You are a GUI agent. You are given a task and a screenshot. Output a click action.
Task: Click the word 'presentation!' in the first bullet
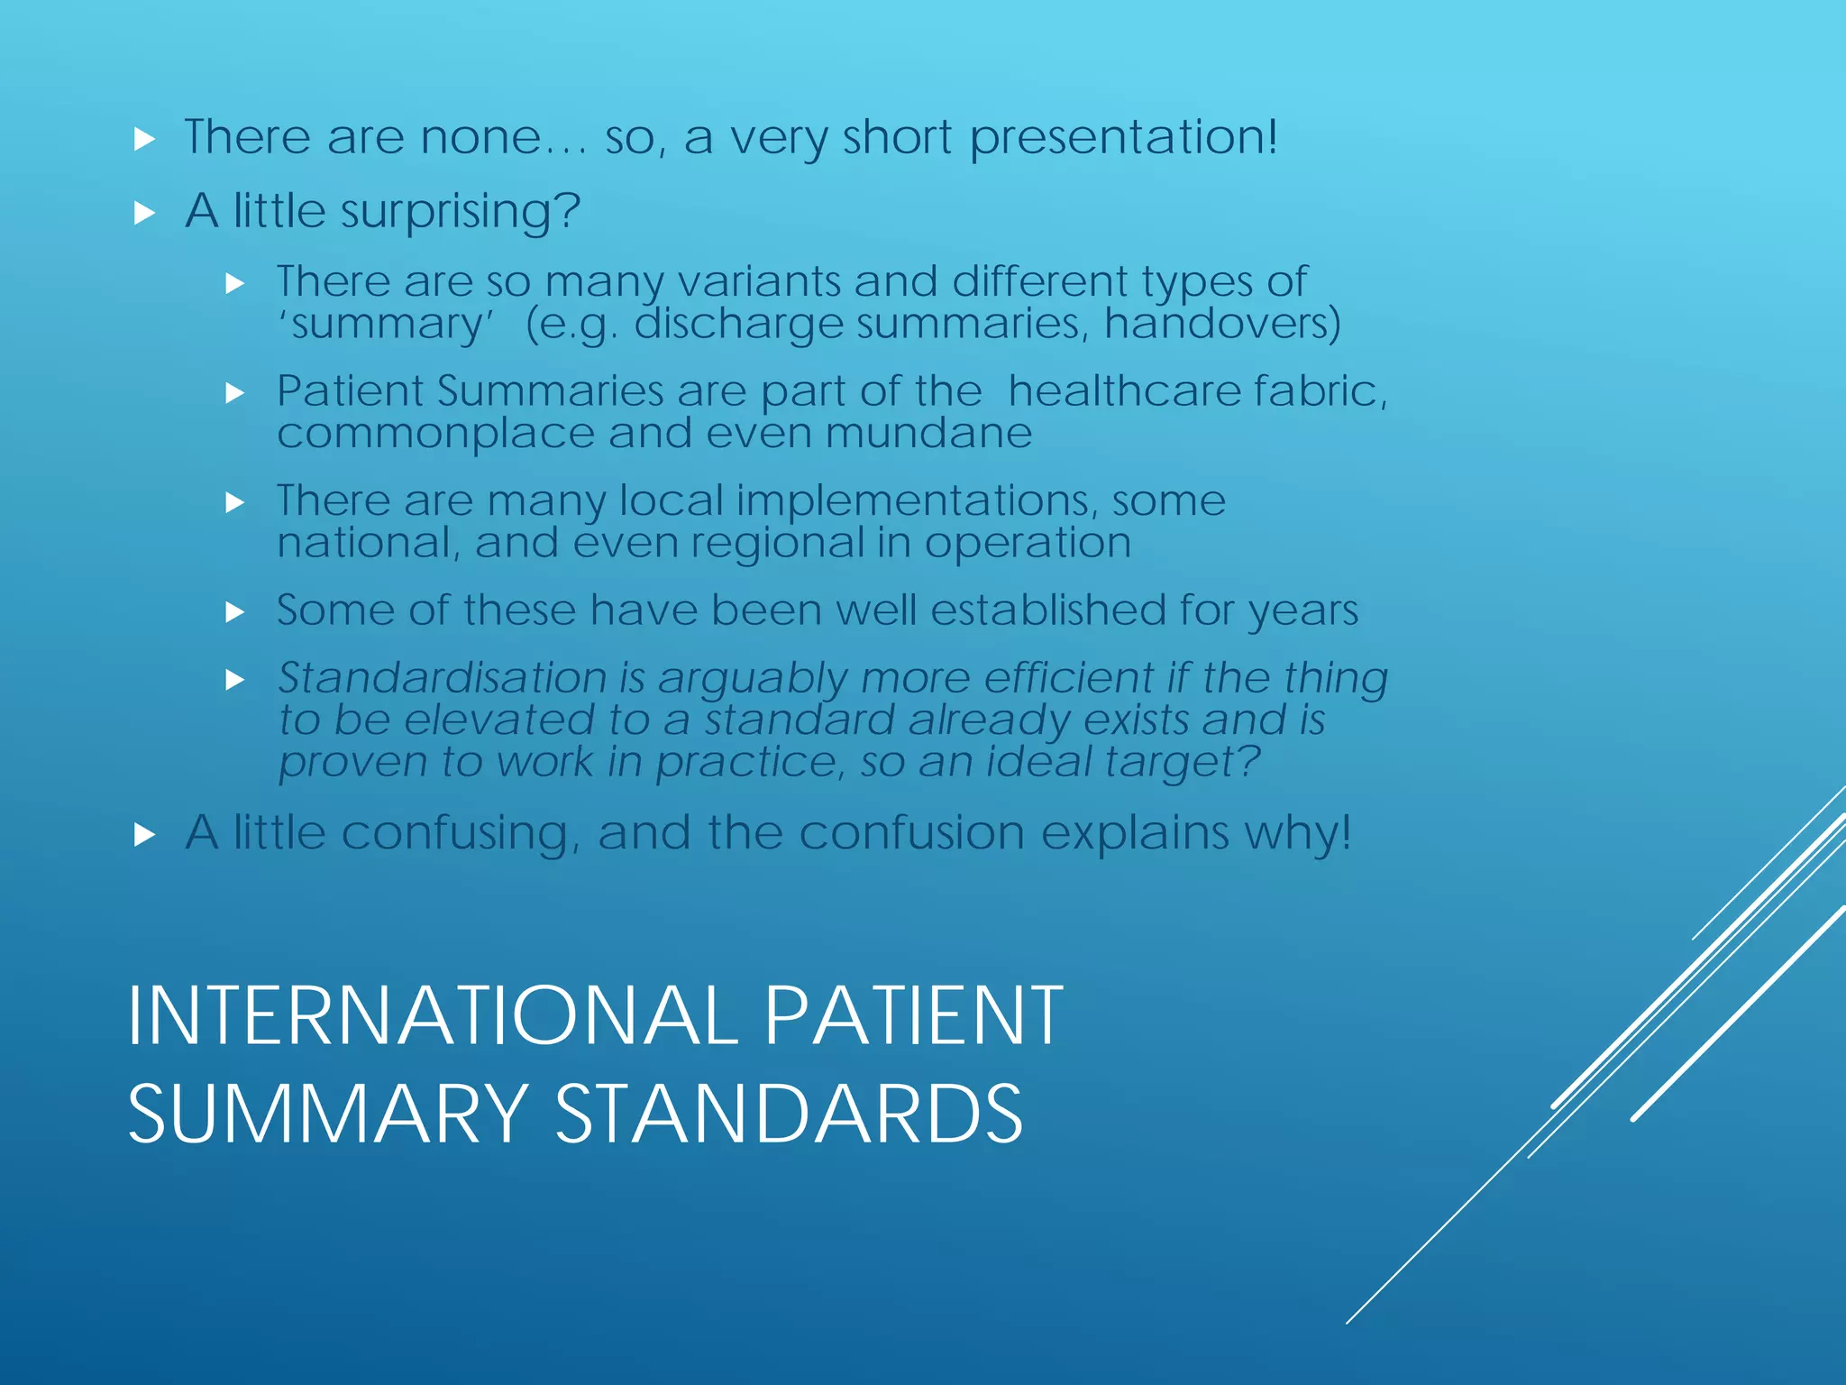click(1123, 139)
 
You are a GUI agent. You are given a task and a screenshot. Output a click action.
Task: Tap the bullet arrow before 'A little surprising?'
click(144, 214)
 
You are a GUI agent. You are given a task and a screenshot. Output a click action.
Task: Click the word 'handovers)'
click(1222, 323)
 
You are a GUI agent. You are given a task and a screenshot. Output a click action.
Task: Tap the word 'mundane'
click(928, 434)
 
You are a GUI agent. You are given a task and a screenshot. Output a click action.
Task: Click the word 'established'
click(1048, 610)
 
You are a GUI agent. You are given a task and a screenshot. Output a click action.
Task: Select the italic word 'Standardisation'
click(443, 678)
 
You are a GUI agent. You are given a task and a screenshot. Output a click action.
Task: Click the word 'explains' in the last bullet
click(1135, 832)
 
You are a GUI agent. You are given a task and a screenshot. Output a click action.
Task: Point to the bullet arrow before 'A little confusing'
click(144, 835)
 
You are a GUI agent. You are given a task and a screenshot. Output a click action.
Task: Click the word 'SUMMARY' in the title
click(328, 1114)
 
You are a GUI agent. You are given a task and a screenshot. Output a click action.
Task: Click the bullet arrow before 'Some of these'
click(235, 613)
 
